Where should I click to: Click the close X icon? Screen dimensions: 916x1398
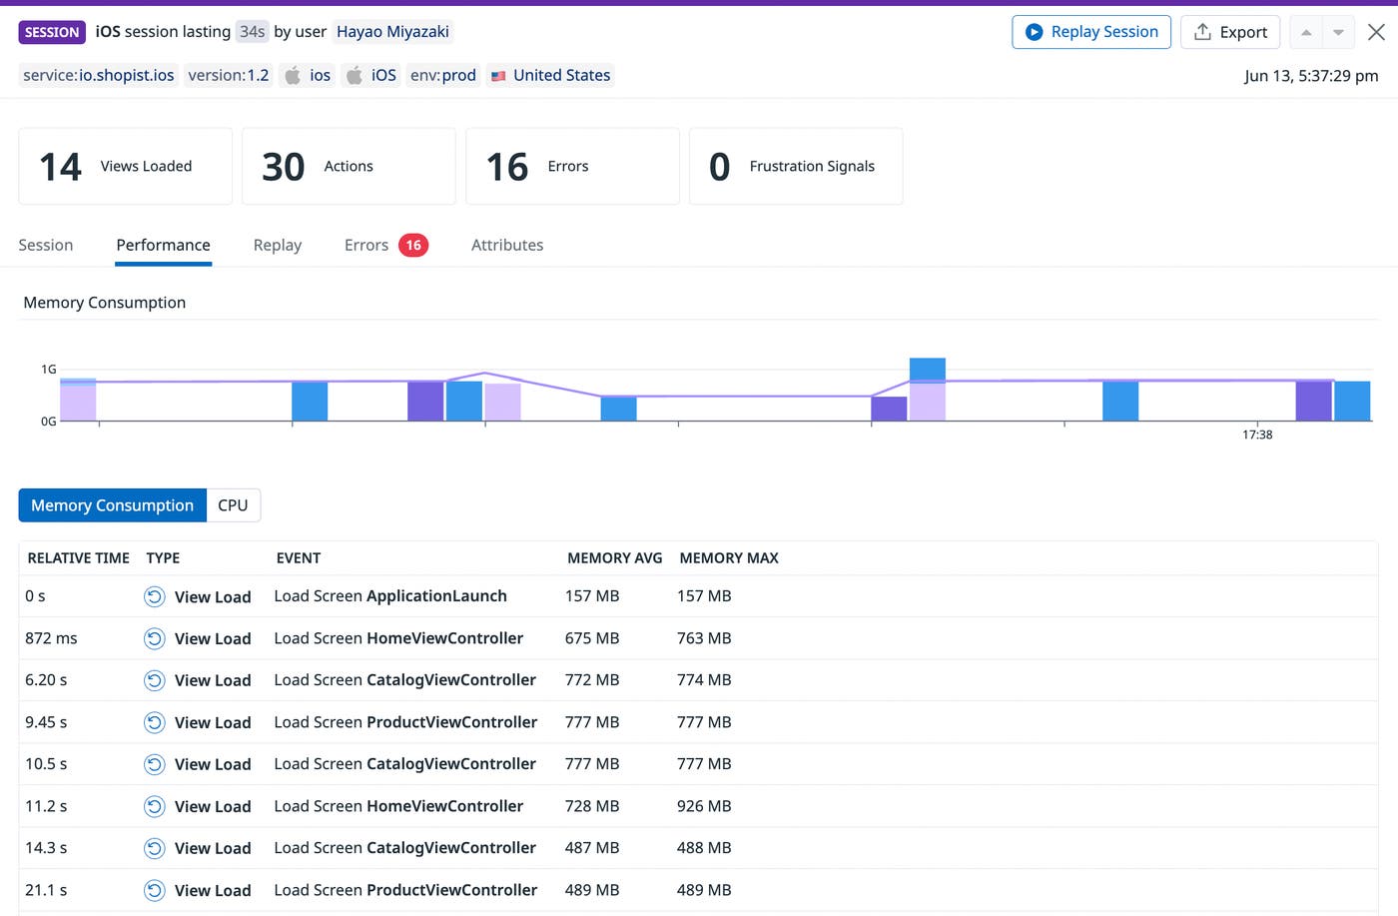(x=1376, y=32)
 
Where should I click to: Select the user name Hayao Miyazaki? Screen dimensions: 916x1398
(x=392, y=32)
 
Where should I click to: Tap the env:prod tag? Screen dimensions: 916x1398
(x=442, y=75)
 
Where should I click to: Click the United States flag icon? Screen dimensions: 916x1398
(x=498, y=76)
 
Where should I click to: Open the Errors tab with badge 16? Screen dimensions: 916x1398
(x=385, y=245)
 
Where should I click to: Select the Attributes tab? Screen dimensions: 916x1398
(x=507, y=245)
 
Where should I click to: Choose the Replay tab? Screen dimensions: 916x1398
(x=277, y=245)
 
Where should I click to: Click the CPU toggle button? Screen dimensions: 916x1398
(x=233, y=505)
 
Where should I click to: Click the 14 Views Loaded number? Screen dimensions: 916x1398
(x=60, y=167)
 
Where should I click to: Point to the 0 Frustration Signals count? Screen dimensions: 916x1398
(x=719, y=167)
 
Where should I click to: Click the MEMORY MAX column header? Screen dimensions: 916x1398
(x=728, y=558)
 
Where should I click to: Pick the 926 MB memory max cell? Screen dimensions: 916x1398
(x=704, y=806)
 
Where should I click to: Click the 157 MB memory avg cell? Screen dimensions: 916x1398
(x=592, y=596)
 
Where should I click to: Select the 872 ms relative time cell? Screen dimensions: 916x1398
(x=51, y=638)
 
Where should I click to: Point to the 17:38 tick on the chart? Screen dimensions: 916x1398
(x=1257, y=434)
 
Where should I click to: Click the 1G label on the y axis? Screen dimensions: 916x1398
(x=48, y=370)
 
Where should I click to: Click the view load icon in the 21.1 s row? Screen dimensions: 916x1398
(x=154, y=890)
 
